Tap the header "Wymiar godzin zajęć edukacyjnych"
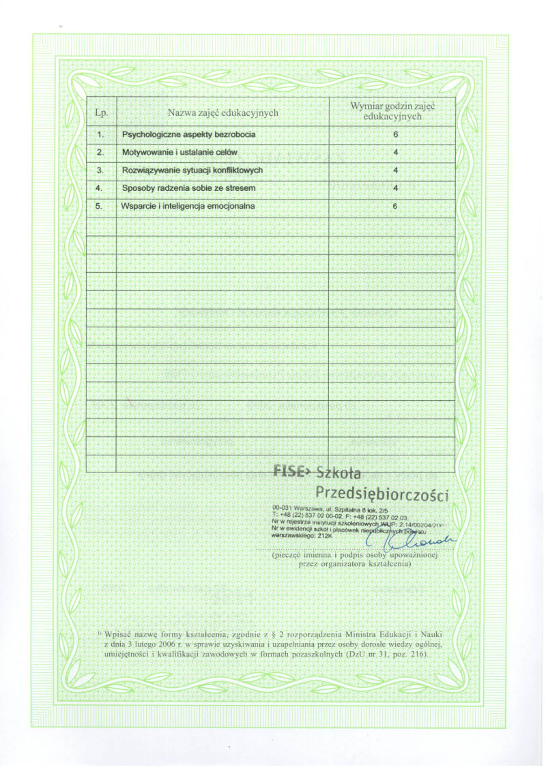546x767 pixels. (392, 111)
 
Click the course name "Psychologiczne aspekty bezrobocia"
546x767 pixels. (188, 135)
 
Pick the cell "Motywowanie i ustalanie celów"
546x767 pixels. (179, 152)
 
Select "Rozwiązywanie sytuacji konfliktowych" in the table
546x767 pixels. (192, 170)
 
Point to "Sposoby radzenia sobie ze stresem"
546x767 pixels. (188, 187)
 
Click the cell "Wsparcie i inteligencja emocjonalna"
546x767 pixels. (188, 206)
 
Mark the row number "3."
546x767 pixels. (100, 170)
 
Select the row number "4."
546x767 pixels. (100, 187)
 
